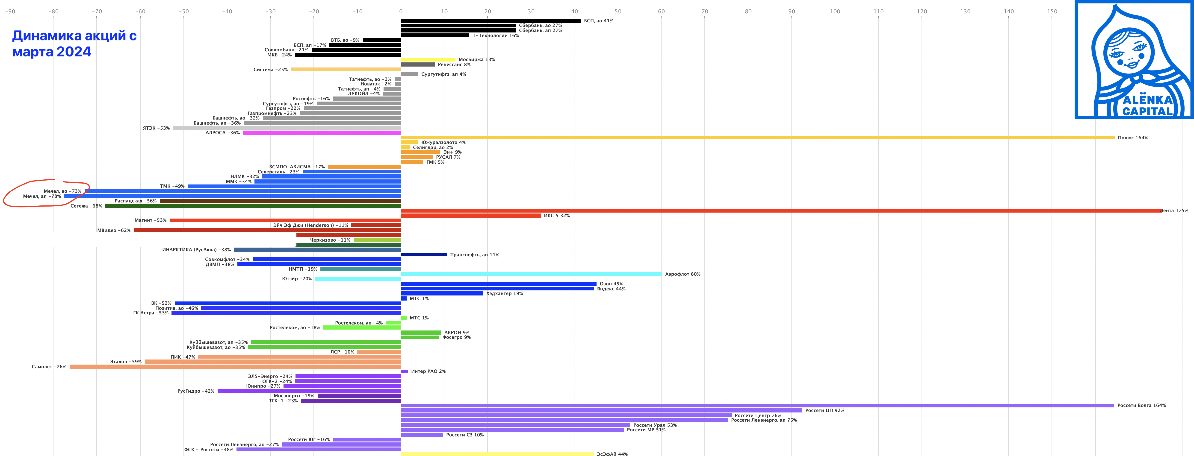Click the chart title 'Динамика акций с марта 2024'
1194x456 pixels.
(x=74, y=44)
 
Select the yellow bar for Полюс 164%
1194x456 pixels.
(x=756, y=137)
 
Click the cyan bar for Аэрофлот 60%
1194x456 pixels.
(x=531, y=274)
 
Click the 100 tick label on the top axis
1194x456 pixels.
(x=835, y=12)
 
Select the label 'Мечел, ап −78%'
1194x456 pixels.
(x=42, y=196)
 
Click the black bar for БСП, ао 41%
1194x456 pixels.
(x=491, y=21)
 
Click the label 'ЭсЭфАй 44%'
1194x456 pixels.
(x=612, y=454)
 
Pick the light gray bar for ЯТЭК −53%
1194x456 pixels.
(x=287, y=128)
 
